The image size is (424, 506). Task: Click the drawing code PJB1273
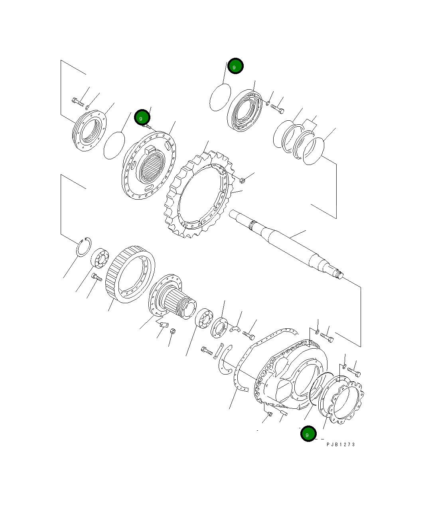(x=340, y=444)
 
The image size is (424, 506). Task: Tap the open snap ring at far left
(x=84, y=247)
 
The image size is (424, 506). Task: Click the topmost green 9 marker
(x=235, y=66)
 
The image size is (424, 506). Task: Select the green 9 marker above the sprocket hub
(x=142, y=118)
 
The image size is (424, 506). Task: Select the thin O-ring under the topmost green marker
(x=220, y=98)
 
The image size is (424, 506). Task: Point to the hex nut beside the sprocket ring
(x=242, y=180)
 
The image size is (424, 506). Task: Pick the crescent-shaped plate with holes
(x=225, y=361)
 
